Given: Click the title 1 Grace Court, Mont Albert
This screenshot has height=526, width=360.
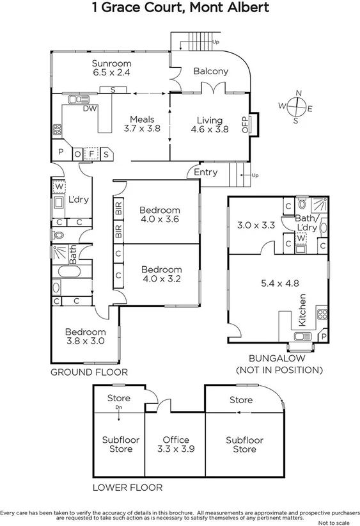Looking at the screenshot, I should (x=180, y=8).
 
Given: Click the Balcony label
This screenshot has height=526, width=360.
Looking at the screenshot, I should (x=210, y=72).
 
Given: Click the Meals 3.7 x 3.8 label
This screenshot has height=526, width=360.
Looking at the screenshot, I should (x=142, y=124).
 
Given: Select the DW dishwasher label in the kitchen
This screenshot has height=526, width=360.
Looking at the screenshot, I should (x=90, y=109).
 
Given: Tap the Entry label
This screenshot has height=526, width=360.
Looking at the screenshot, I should (x=205, y=172).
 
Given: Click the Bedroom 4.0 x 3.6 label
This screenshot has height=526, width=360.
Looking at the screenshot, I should (x=160, y=214).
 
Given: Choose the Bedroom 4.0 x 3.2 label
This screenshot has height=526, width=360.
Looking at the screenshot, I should (x=161, y=274).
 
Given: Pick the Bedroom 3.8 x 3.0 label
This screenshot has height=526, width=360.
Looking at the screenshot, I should (x=85, y=337).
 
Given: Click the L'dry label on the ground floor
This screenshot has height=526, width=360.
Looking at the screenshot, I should (x=78, y=200).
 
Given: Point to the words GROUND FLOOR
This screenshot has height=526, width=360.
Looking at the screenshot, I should (x=89, y=372).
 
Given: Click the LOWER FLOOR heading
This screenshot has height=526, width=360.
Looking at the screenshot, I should (x=127, y=488).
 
